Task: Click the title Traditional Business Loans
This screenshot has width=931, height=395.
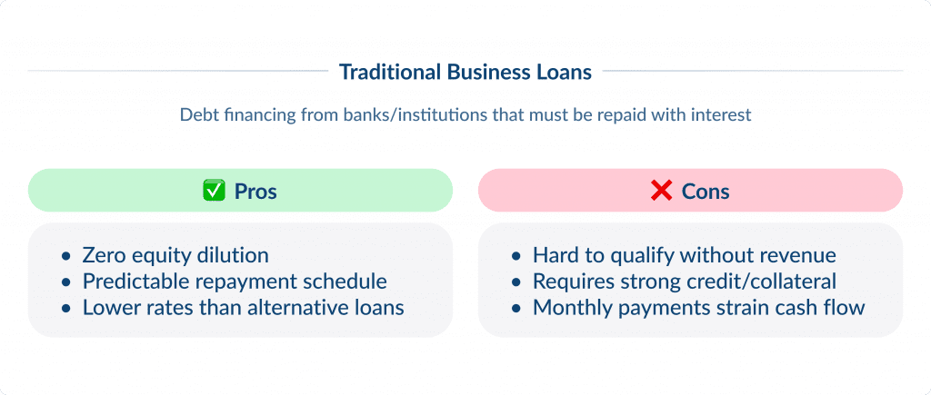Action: (465, 71)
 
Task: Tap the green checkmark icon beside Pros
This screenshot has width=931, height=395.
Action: (213, 191)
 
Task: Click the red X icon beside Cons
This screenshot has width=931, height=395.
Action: (661, 191)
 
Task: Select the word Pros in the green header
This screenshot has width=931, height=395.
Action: (255, 191)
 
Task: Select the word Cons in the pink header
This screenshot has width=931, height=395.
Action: (706, 191)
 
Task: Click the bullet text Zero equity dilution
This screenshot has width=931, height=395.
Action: (175, 255)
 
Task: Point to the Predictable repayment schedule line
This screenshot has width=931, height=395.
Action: (235, 281)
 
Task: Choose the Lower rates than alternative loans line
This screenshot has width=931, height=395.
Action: (243, 308)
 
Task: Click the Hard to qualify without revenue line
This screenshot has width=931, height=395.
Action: (684, 255)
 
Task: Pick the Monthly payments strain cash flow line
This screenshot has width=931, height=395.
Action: (698, 308)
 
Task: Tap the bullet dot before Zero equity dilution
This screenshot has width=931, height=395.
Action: (65, 256)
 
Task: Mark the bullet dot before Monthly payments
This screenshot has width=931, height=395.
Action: (516, 309)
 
